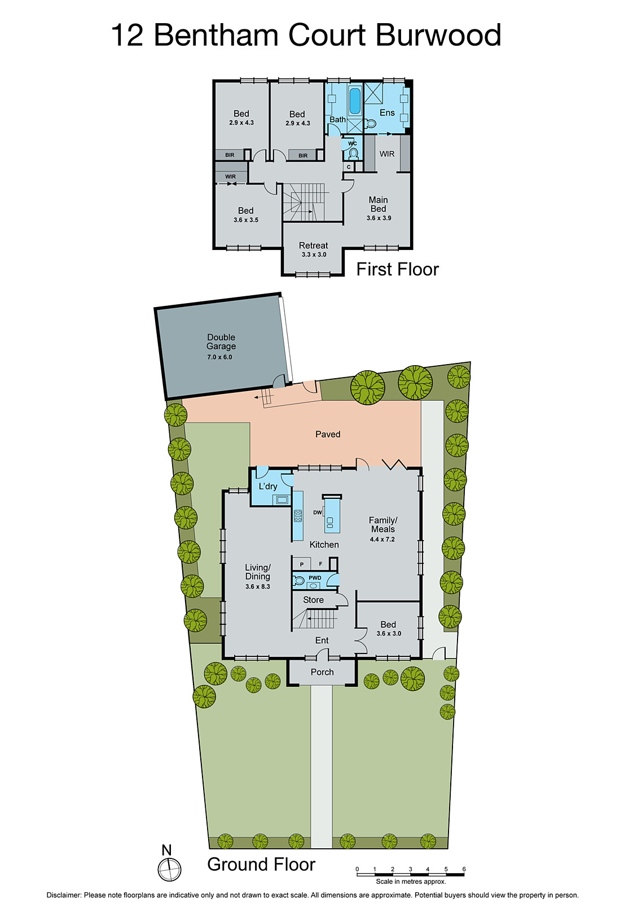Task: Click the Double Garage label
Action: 221,342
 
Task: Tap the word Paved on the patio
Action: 328,435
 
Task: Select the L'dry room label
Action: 268,486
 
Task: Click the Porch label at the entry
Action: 322,672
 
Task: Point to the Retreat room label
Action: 313,246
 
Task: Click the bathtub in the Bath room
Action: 354,101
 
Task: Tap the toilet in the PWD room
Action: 299,580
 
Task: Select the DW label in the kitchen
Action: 318,513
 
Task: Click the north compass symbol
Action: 169,869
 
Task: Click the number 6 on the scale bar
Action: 464,869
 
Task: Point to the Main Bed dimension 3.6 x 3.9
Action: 379,218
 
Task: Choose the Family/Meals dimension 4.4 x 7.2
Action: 382,540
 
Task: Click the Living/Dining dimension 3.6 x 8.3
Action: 257,587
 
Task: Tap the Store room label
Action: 313,600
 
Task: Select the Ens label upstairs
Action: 387,113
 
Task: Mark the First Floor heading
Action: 397,269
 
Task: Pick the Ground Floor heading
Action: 261,865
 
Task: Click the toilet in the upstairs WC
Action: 353,153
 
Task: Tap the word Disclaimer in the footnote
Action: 64,895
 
